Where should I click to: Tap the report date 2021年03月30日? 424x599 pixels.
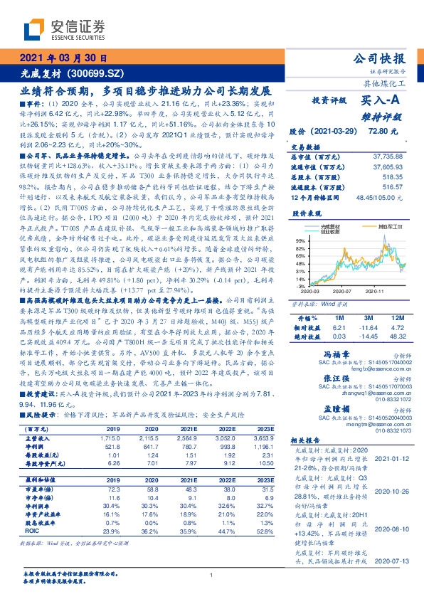point(63,58)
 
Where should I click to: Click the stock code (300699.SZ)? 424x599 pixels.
point(98,73)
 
